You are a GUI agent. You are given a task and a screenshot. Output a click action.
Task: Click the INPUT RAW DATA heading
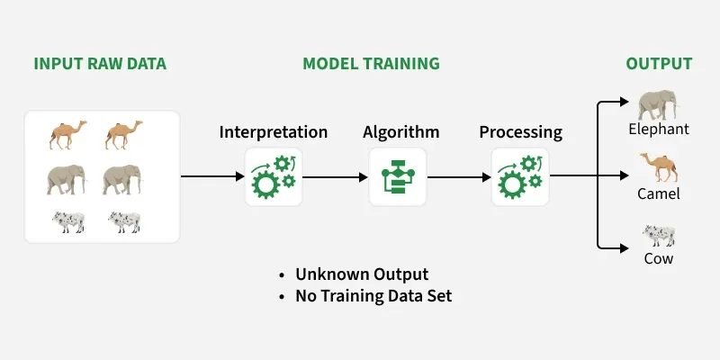click(x=100, y=64)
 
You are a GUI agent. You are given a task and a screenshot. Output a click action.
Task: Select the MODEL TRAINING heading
click(x=371, y=64)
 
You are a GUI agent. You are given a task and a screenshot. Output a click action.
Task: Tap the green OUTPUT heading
click(x=659, y=64)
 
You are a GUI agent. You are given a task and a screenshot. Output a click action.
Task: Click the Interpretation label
click(x=274, y=132)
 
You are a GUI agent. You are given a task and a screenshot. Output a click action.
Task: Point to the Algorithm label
click(x=400, y=132)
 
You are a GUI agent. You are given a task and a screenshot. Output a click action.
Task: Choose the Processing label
click(x=520, y=132)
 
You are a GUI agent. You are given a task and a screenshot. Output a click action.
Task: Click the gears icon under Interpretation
click(x=274, y=176)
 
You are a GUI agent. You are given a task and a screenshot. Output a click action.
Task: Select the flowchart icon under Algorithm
click(x=397, y=176)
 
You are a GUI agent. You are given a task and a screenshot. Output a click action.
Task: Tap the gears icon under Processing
click(x=520, y=176)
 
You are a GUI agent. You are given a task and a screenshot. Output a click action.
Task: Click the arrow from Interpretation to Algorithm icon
click(x=335, y=176)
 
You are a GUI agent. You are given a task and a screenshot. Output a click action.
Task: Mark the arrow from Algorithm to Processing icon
click(x=459, y=176)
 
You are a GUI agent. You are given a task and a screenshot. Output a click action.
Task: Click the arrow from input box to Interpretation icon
click(x=212, y=176)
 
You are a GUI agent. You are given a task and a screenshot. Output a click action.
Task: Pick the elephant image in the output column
click(x=658, y=105)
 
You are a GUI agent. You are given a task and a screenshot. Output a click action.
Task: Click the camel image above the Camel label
click(x=658, y=166)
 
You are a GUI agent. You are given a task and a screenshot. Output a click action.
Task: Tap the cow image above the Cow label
click(x=658, y=235)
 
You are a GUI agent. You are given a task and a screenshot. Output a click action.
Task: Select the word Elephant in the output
click(x=659, y=129)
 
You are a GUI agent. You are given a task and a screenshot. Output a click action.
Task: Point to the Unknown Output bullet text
click(x=362, y=274)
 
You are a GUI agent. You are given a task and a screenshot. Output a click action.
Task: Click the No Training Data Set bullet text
click(x=373, y=295)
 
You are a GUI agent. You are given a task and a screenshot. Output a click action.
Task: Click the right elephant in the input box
click(x=122, y=179)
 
